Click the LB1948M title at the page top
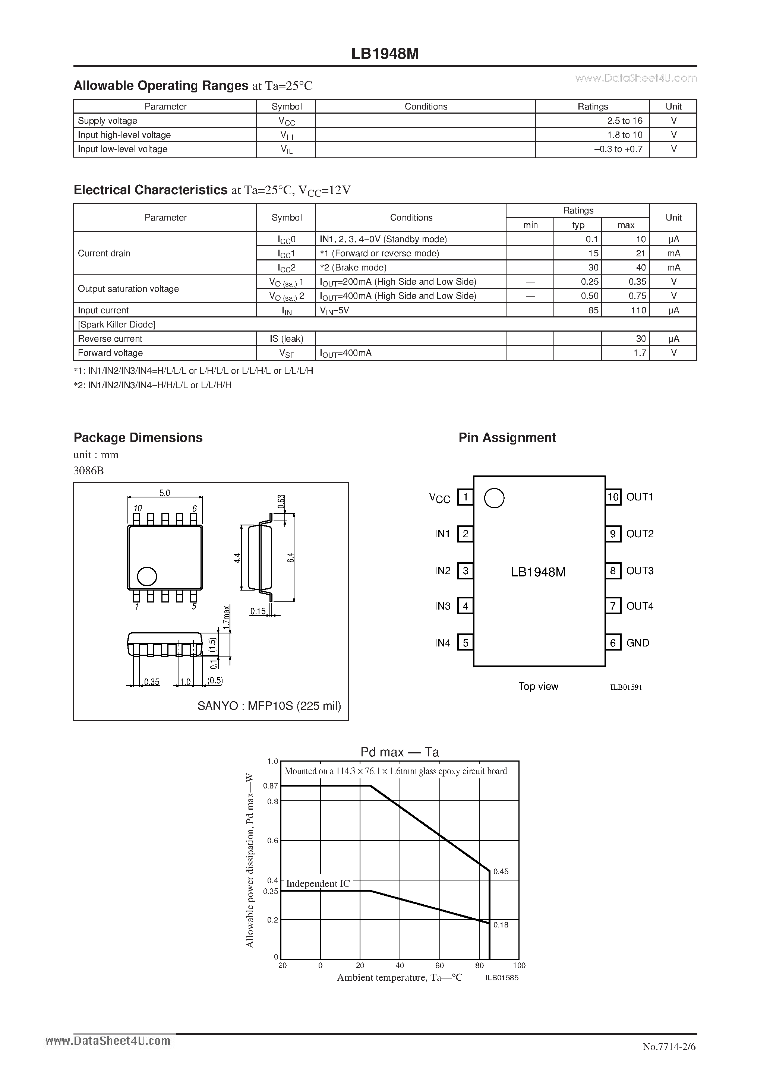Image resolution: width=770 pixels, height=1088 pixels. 385,54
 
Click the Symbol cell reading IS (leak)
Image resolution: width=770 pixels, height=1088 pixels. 286,339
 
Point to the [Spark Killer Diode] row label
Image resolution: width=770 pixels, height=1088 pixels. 117,325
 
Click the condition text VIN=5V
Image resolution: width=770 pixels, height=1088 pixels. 335,310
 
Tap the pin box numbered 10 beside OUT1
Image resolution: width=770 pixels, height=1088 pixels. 613,497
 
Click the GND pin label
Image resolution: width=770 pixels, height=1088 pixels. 638,643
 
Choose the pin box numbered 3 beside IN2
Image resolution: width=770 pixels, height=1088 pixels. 466,571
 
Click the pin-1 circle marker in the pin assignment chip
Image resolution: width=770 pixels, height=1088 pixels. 494,498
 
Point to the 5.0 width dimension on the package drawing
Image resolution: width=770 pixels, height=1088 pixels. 164,493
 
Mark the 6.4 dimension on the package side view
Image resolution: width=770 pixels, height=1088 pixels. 291,558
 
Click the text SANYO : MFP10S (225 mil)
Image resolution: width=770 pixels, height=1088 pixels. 269,706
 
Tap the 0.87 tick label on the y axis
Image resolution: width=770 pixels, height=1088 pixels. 271,786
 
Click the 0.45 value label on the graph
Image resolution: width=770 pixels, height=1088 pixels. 501,872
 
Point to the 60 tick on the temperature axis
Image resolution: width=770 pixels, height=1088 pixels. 439,966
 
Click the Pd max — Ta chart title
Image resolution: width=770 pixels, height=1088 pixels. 400,752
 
